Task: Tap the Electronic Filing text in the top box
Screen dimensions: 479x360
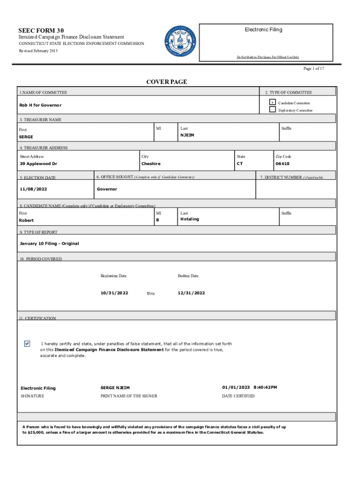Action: coord(263,29)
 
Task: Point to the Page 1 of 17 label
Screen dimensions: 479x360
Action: coord(314,69)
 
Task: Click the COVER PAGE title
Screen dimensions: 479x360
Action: coord(166,82)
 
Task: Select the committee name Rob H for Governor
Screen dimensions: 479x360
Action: coord(40,105)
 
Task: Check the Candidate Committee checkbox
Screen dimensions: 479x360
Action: coord(272,102)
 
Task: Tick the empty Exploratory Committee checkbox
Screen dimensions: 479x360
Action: coord(272,110)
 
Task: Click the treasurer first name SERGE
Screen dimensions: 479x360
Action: coord(26,137)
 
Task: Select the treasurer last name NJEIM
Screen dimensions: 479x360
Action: coord(188,135)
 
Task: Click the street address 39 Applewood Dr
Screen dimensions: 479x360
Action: coord(38,164)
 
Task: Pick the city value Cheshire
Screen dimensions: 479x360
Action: coord(151,164)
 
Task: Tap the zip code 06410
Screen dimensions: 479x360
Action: coord(282,164)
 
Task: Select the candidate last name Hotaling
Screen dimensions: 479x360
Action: coord(189,219)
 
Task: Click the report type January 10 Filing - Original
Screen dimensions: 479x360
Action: coord(49,244)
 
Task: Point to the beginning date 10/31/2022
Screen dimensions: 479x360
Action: coord(114,293)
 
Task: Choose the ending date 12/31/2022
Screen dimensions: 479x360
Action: coord(191,293)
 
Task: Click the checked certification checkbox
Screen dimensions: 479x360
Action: coord(27,344)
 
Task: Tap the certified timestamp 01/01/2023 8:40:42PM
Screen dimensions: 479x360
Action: coord(250,387)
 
